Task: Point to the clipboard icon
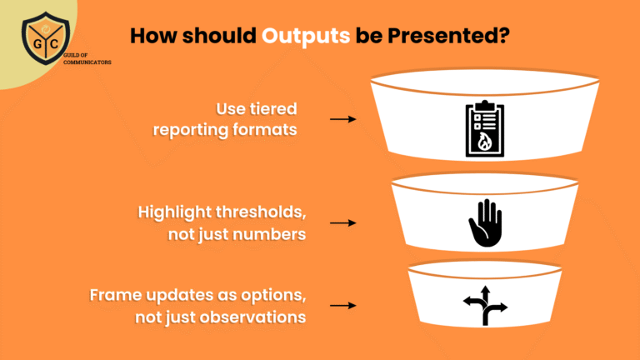(485, 129)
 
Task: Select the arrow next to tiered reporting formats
(342, 119)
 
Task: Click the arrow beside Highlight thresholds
(342, 223)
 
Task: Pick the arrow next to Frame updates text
(342, 306)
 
